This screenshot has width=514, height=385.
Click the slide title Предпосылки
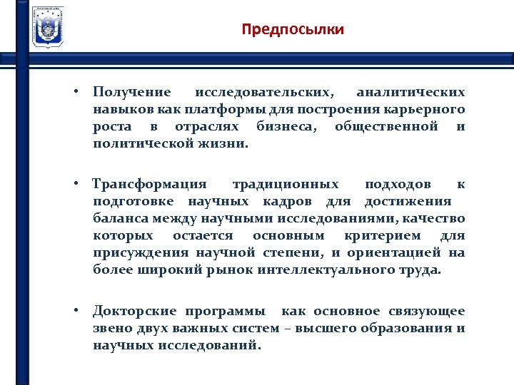[x=293, y=30]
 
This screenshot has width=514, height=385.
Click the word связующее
[x=427, y=312]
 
